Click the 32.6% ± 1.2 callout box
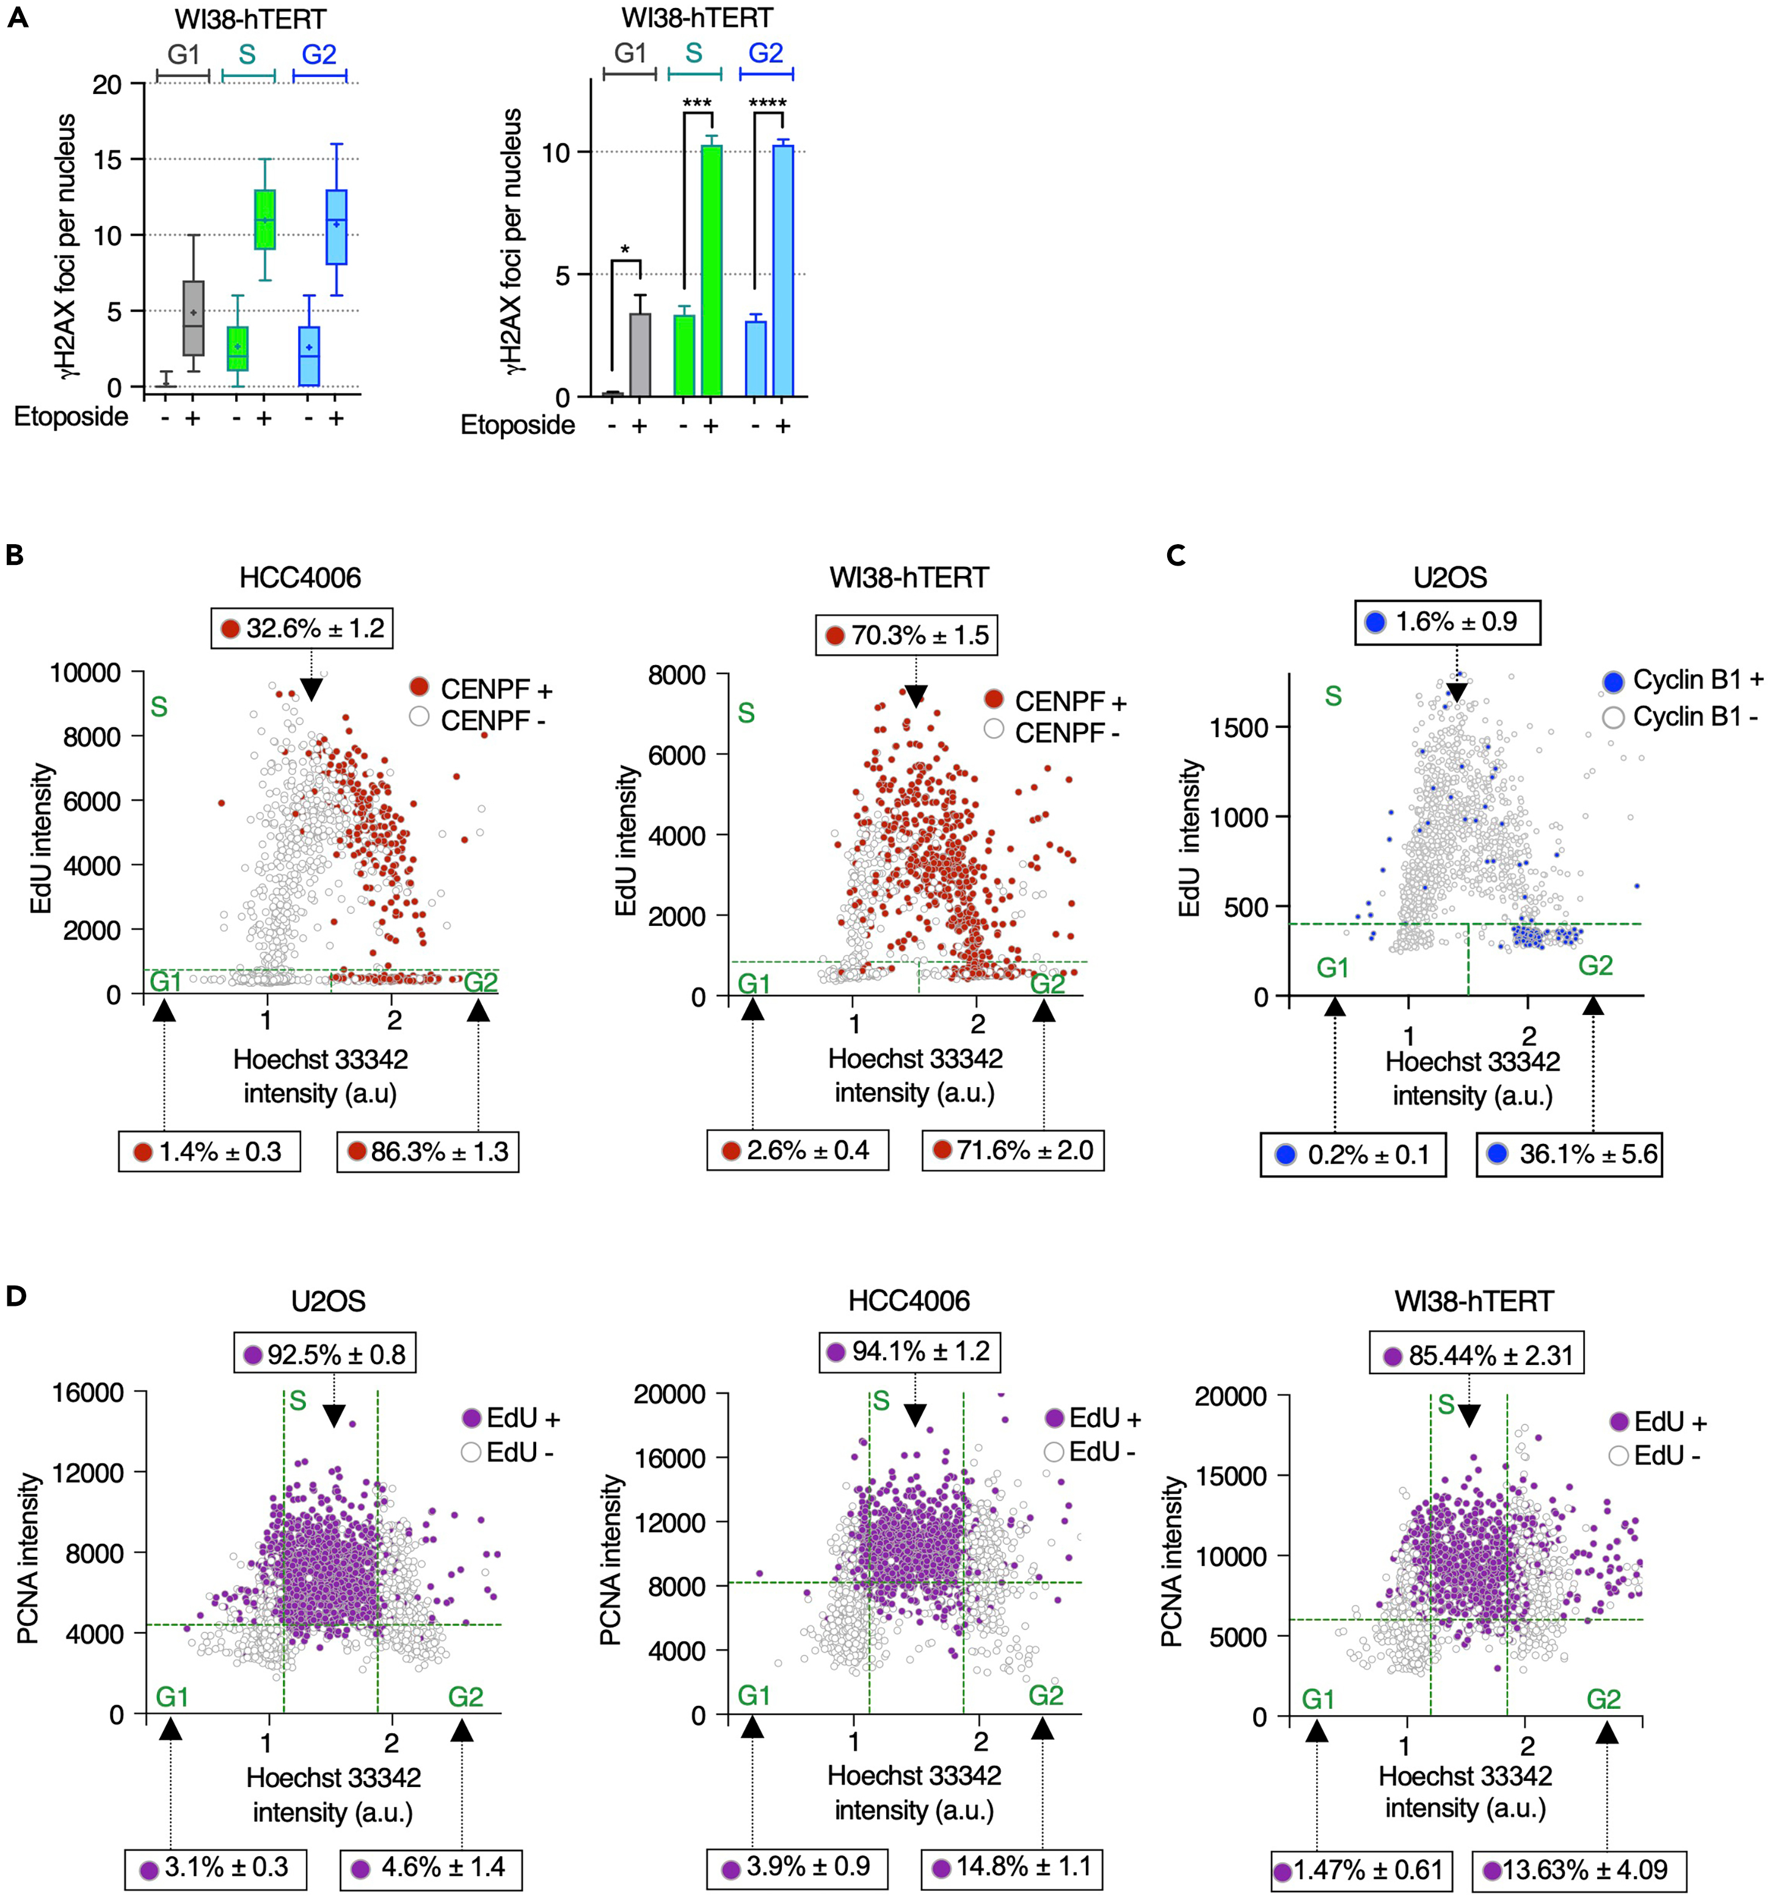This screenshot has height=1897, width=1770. tap(302, 628)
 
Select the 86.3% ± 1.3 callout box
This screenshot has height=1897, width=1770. tap(428, 1152)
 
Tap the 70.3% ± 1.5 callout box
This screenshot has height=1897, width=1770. tap(906, 635)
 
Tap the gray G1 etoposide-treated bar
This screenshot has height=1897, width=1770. tap(639, 354)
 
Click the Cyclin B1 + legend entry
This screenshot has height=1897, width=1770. tap(1683, 680)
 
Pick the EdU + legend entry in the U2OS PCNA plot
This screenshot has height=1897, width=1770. tap(511, 1418)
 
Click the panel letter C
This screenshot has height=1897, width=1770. tap(1176, 555)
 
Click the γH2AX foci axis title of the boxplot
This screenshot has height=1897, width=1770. tap(66, 246)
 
